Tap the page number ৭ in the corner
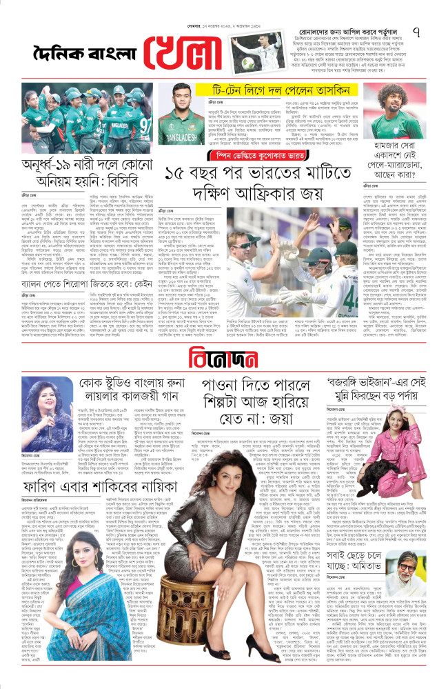point(435,32)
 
